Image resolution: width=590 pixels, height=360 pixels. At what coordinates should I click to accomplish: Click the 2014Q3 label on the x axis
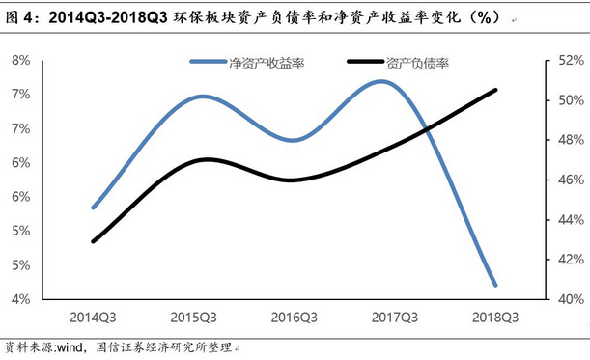click(94, 317)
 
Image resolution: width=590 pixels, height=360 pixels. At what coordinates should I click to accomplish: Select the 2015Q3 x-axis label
click(194, 317)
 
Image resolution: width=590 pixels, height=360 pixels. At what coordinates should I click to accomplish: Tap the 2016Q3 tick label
click(295, 317)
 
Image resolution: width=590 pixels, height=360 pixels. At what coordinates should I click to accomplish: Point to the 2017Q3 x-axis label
click(395, 317)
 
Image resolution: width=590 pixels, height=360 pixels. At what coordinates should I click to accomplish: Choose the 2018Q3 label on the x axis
click(495, 317)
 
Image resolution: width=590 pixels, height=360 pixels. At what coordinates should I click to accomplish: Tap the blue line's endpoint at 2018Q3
click(495, 286)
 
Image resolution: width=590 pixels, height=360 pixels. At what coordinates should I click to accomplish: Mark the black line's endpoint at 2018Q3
click(495, 90)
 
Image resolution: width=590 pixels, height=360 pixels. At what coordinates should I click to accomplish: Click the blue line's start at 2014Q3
click(94, 208)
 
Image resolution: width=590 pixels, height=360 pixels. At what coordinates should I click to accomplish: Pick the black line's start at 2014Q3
click(94, 241)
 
